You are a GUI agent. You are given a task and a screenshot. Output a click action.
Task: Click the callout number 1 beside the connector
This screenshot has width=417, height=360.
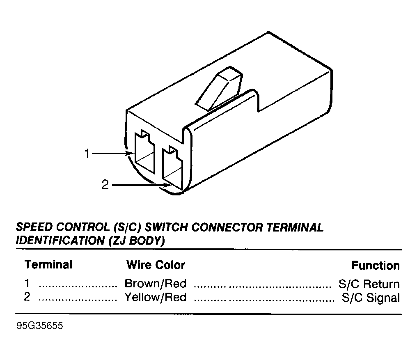(87, 154)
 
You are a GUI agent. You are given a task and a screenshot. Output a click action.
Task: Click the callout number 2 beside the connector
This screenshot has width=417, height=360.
(105, 185)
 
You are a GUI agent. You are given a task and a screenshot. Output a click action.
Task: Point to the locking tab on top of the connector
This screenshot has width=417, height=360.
(219, 89)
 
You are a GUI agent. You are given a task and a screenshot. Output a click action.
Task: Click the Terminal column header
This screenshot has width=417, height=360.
(48, 265)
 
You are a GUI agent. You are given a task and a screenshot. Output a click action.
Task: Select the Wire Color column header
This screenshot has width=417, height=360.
(156, 265)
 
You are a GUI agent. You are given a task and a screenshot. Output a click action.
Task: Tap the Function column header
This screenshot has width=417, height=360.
(376, 266)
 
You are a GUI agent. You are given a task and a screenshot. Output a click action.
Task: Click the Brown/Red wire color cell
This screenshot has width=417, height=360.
(156, 284)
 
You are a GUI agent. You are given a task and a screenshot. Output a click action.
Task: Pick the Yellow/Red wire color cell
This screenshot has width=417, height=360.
(156, 297)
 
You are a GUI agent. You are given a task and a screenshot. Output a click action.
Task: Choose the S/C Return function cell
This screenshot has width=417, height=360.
(369, 284)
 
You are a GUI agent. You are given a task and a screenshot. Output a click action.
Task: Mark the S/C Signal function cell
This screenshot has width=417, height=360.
(371, 298)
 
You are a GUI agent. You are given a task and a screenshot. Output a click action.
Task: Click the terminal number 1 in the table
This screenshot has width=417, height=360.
(27, 283)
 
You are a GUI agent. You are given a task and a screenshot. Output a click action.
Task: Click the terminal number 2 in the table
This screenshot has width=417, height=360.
(27, 297)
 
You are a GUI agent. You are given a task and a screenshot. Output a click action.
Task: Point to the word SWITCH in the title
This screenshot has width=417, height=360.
(167, 227)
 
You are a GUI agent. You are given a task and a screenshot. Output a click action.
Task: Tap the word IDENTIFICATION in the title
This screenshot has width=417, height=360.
(60, 241)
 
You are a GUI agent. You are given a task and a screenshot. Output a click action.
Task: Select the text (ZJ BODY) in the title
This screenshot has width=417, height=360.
(137, 241)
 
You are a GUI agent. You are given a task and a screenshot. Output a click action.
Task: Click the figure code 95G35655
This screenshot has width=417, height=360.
(40, 326)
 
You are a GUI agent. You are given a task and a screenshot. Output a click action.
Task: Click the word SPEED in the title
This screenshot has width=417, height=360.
(34, 227)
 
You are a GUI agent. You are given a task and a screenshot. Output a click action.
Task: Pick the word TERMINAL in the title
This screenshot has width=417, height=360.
(295, 227)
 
